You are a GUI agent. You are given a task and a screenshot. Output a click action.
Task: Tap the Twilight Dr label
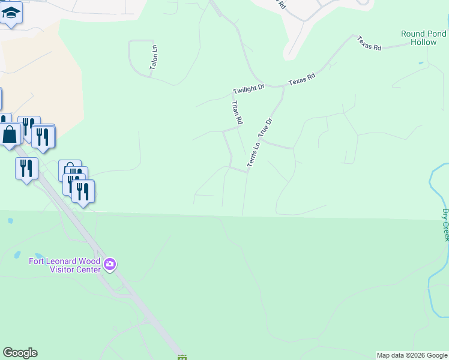[249, 89]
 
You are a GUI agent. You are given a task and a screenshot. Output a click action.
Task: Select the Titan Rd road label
[237, 112]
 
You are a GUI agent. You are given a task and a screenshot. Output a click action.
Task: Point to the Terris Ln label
[253, 154]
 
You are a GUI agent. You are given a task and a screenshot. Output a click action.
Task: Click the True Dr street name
[265, 128]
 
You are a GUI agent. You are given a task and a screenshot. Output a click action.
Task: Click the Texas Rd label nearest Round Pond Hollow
[369, 43]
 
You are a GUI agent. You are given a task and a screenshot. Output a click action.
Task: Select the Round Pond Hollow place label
[424, 38]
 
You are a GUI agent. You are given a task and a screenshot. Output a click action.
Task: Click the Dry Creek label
[445, 225]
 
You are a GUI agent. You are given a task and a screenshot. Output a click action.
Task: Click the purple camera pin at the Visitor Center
[110, 264]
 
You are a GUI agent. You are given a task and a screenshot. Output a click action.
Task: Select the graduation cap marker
[11, 12]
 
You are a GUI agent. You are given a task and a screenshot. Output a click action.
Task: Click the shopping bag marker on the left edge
[10, 134]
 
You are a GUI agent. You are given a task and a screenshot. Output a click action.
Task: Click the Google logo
[20, 353]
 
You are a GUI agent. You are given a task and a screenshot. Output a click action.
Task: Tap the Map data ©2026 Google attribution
[412, 355]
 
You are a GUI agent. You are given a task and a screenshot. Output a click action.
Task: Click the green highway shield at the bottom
[182, 358]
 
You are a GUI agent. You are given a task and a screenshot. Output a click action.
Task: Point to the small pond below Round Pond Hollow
[421, 63]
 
